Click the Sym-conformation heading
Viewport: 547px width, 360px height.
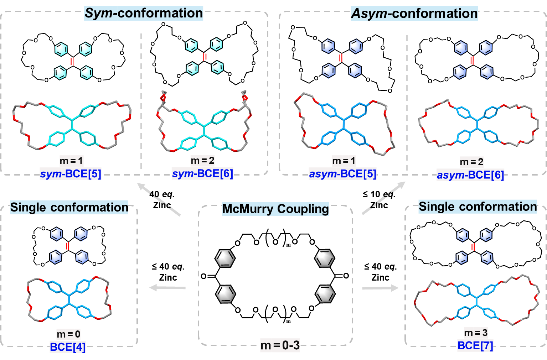[144, 13]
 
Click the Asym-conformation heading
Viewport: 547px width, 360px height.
[414, 14]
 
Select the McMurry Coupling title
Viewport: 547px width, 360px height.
[275, 209]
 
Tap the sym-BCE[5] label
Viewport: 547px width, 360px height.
[71, 174]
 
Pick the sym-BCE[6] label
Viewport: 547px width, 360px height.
[202, 173]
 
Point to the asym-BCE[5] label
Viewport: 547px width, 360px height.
[342, 174]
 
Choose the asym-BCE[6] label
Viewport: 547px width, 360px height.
[470, 175]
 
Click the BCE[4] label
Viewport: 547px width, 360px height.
[68, 346]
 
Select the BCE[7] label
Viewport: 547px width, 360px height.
[475, 345]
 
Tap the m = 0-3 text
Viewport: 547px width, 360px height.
[280, 345]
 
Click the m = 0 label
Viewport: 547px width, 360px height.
[68, 334]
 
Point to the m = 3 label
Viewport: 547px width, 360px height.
[476, 333]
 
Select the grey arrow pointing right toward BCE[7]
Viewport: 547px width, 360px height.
[380, 288]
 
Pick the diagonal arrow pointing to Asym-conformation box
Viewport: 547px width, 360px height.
[384, 198]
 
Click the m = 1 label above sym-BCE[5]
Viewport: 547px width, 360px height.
[71, 161]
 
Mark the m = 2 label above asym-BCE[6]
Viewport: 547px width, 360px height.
[471, 162]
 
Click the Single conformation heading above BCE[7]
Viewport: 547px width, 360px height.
[478, 207]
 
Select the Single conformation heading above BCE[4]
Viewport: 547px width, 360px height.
[69, 207]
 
